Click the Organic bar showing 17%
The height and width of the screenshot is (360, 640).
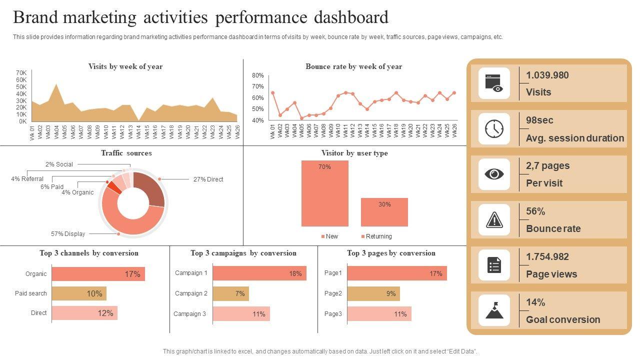pos(98,274)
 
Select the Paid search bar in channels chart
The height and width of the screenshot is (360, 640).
pos(79,293)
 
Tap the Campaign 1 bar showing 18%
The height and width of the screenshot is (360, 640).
pos(259,273)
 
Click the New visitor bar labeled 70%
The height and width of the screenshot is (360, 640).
pos(324,193)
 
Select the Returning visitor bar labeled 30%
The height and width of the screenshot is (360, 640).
pos(384,212)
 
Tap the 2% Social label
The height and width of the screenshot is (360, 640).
pos(59,164)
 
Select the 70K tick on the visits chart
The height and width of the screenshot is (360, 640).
pos(21,73)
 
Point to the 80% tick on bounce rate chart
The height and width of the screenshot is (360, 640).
pos(257,75)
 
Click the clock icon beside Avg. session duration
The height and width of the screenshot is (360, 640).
pos(494,129)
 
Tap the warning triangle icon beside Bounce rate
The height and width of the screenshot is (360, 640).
pos(494,219)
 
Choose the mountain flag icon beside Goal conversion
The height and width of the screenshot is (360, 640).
pos(494,310)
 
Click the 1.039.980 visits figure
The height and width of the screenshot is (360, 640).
pos(547,75)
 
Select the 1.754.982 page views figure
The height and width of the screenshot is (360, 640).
pos(547,257)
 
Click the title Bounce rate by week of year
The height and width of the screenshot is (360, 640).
pos(353,66)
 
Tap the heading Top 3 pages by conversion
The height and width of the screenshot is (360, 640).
pos(391,253)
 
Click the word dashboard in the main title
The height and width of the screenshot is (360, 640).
pos(351,17)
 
